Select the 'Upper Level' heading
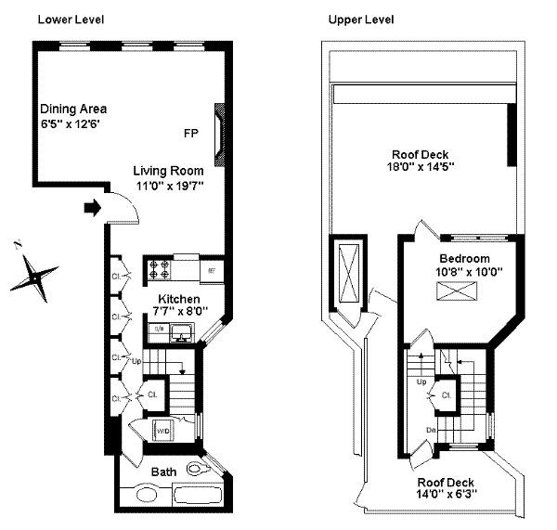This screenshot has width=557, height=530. pos(360,19)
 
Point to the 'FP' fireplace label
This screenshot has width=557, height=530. pos(190,134)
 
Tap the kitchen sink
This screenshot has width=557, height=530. pos(176,331)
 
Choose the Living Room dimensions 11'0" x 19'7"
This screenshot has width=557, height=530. pos(168,187)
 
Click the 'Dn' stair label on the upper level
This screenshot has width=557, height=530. pos(432,430)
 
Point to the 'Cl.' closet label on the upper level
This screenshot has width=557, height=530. pos(447,394)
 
